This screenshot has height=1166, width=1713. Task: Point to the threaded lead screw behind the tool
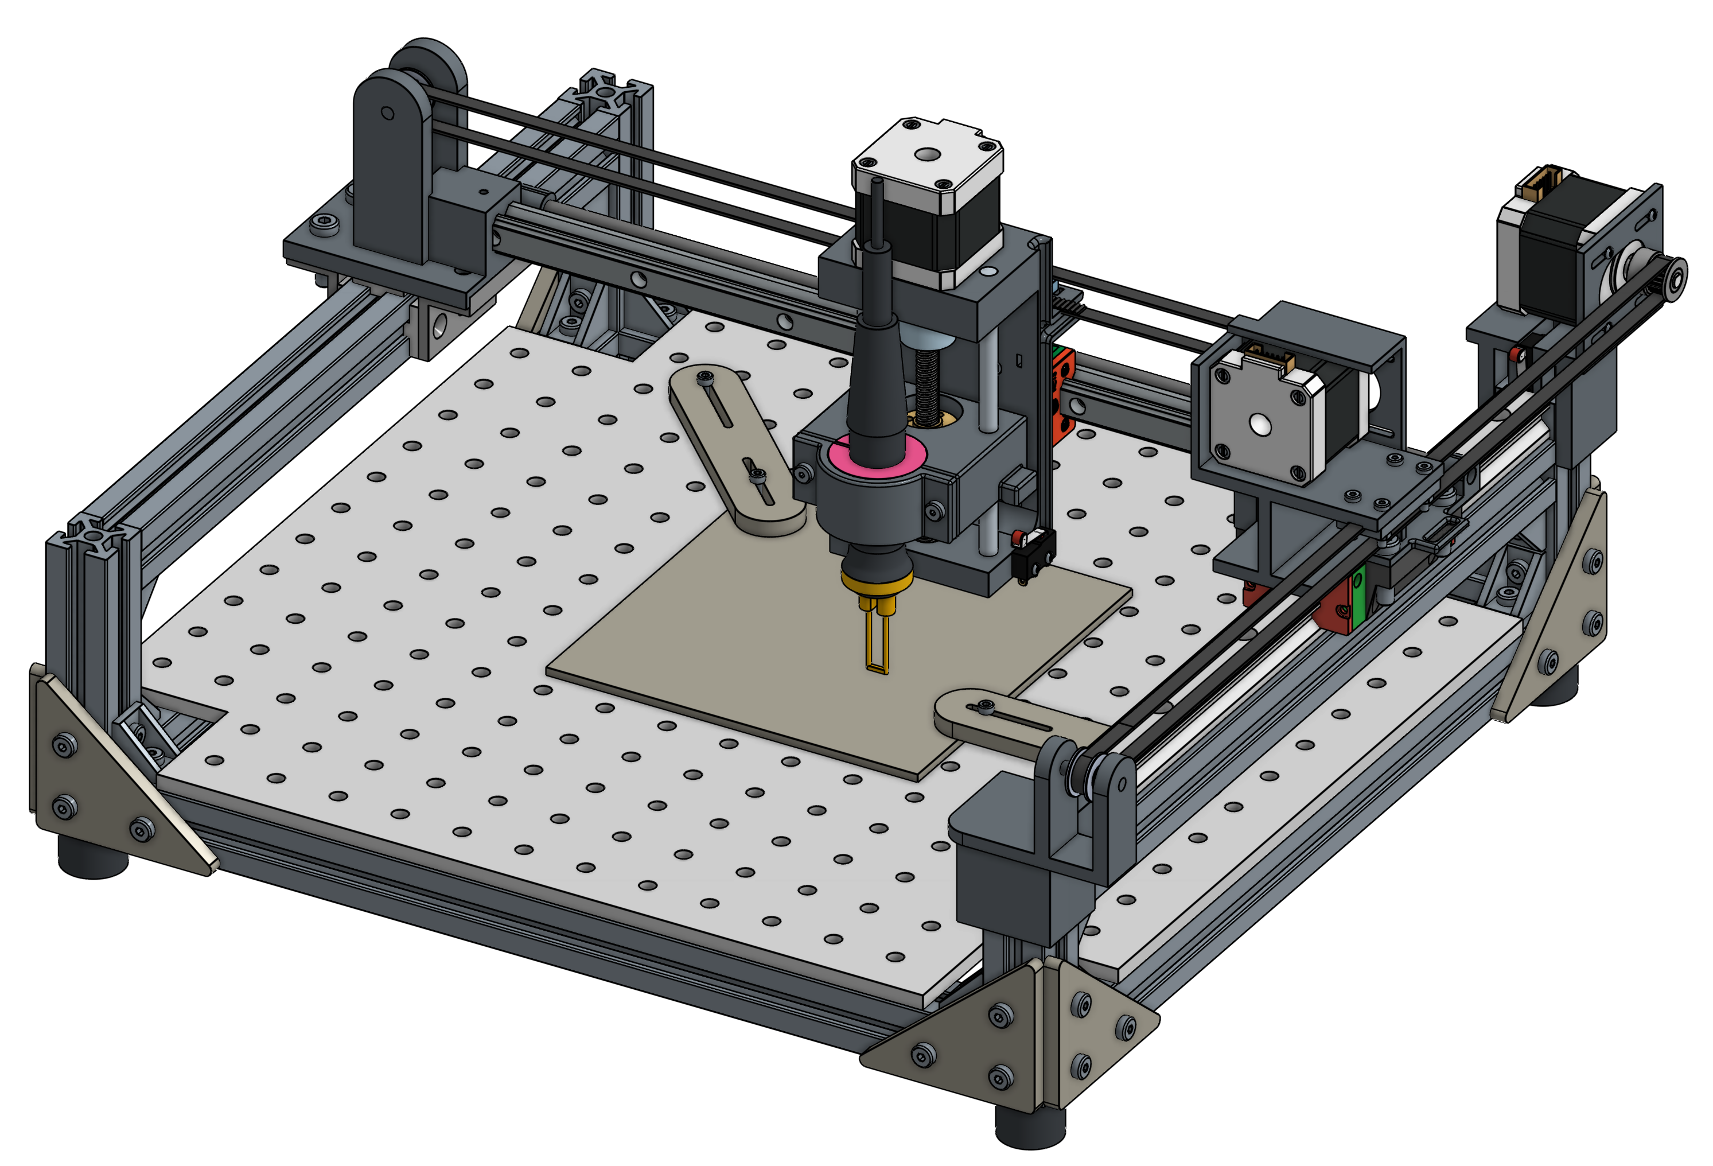927,383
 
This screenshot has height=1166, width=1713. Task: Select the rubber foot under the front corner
1030,1124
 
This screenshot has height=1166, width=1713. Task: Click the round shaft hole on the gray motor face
1259,425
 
